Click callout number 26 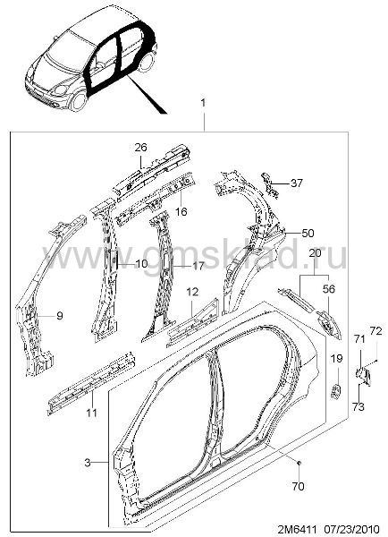(x=140, y=148)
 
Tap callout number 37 (x=297, y=183)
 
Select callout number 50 (x=308, y=234)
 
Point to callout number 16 (x=181, y=211)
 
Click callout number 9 (x=60, y=315)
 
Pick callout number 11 (x=91, y=413)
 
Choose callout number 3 (x=88, y=463)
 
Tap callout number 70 (x=299, y=486)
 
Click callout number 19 (x=337, y=359)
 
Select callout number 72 (x=375, y=331)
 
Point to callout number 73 (x=358, y=407)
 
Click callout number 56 (x=329, y=289)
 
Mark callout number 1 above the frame (x=203, y=103)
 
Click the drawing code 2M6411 (x=297, y=528)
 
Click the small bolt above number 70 (x=299, y=463)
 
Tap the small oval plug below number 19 (x=335, y=391)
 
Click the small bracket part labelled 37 (x=270, y=185)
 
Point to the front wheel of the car (x=79, y=100)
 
